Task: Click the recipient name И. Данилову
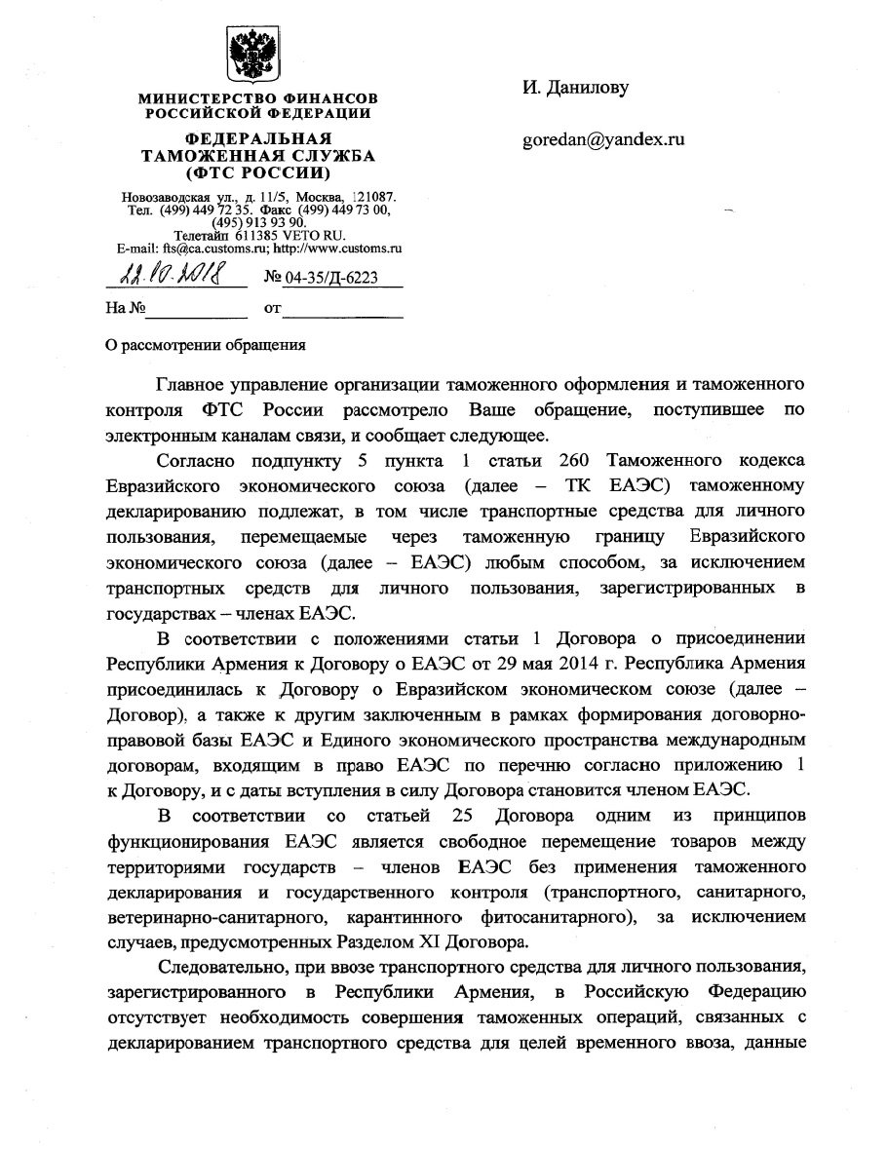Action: (575, 88)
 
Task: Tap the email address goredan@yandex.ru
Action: (604, 139)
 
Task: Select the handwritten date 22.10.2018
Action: (162, 278)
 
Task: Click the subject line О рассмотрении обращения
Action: (205, 343)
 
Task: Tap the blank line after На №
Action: (197, 310)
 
